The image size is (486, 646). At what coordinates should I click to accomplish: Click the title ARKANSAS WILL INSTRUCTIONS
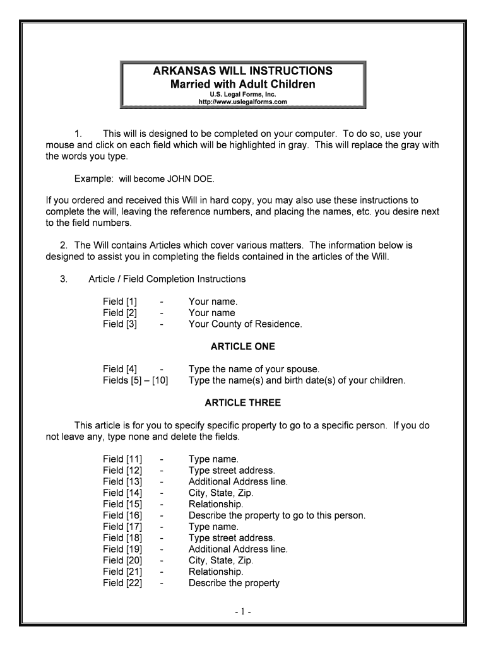tap(243, 71)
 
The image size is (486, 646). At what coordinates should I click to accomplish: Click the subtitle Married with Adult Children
tap(243, 84)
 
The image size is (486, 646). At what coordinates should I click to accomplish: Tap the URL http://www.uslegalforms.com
tap(243, 102)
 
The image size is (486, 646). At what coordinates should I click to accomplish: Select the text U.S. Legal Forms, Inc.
tap(243, 94)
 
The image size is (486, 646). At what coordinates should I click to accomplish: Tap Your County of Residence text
tap(245, 324)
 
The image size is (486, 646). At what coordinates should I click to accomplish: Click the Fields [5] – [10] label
tap(135, 380)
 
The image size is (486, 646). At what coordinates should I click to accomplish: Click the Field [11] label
tap(122, 459)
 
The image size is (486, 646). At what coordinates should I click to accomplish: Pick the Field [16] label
tap(122, 515)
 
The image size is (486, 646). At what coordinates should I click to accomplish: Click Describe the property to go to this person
tap(276, 515)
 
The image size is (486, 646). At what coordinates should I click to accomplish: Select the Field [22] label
tap(122, 583)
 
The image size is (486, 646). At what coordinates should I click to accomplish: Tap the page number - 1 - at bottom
tap(243, 612)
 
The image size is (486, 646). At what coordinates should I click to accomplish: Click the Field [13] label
tap(122, 481)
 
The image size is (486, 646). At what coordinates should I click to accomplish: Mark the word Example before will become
tap(93, 179)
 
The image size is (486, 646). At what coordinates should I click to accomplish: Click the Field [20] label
tap(122, 560)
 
